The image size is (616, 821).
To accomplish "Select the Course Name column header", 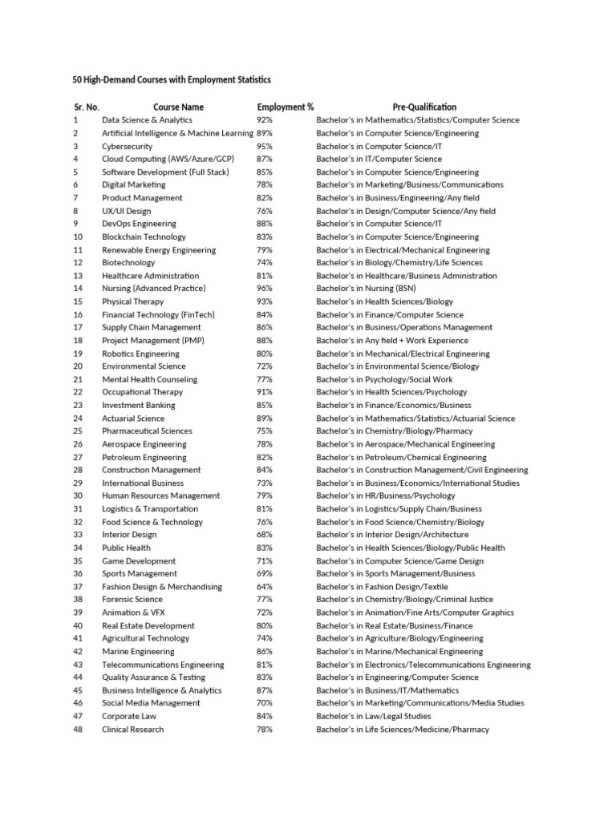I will tap(178, 107).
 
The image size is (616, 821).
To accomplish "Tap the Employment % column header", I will tap(286, 107).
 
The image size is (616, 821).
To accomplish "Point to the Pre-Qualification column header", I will tap(424, 107).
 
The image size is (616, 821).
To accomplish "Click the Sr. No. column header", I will tap(87, 107).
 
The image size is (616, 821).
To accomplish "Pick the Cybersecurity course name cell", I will tap(127, 146).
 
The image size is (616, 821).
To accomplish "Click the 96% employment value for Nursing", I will tap(265, 289).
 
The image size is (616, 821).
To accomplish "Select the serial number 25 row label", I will tap(78, 431).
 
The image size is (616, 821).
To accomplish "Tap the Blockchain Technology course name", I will tap(144, 237).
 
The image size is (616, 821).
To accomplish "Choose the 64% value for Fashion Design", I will tap(265, 587).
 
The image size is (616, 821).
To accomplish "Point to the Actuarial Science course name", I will tap(133, 419).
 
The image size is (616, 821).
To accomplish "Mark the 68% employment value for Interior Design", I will tap(265, 535).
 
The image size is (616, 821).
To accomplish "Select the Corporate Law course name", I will tap(129, 716).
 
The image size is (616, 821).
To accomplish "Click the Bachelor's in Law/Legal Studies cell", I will tap(373, 716).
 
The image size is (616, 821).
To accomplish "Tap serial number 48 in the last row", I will tap(78, 730).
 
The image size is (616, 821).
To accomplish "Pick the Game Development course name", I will tap(139, 561).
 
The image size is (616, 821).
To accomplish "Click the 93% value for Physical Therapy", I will tap(265, 301).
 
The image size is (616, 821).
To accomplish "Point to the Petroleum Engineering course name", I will tap(144, 457).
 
